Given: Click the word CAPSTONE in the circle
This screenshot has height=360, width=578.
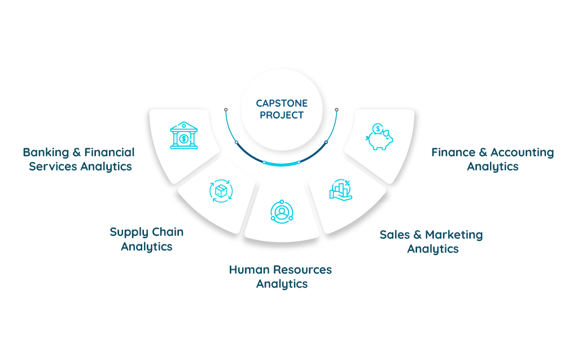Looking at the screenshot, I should pyautogui.click(x=282, y=103).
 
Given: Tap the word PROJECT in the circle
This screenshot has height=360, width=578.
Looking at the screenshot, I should pyautogui.click(x=282, y=115).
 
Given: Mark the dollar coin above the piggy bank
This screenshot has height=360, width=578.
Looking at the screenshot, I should pyautogui.click(x=375, y=128).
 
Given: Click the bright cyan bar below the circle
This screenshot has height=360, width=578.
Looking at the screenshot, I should pyautogui.click(x=282, y=169).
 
